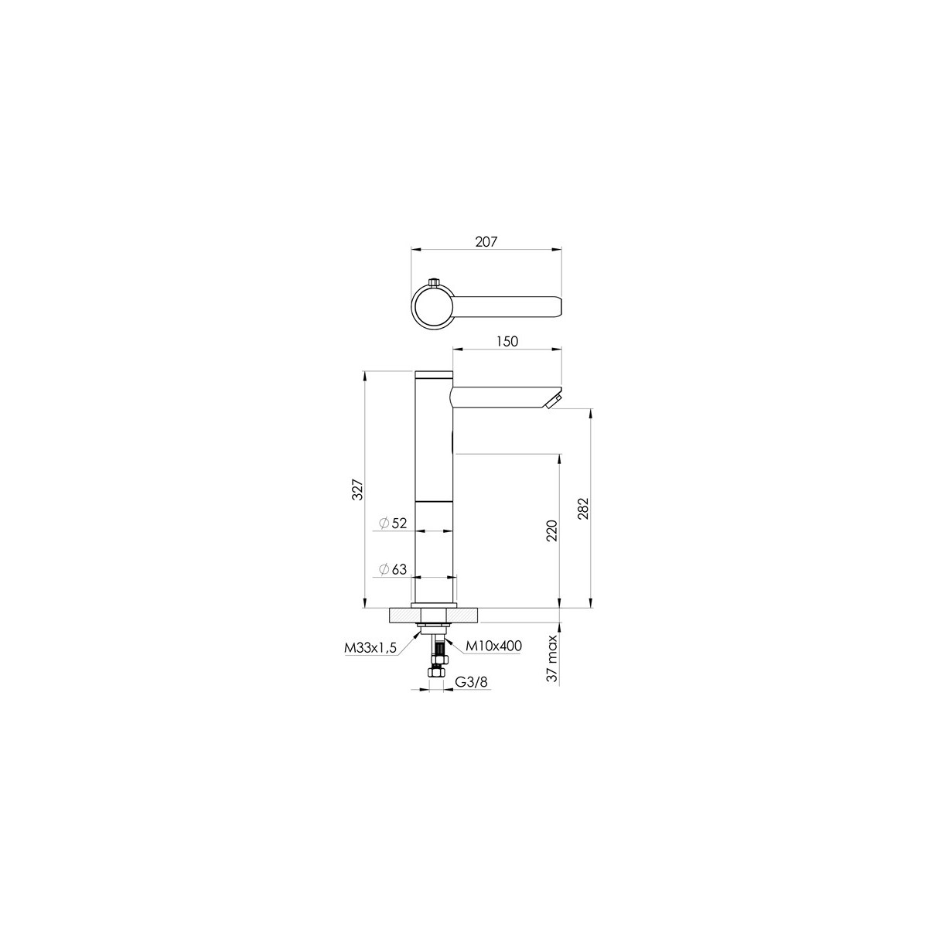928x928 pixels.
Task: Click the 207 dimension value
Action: point(486,242)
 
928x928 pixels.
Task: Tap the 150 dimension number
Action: point(507,341)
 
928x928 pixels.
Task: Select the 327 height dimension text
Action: point(357,490)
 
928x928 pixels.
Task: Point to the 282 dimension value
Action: point(583,509)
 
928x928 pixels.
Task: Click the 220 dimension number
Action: point(552,531)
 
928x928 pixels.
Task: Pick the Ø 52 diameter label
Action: point(393,523)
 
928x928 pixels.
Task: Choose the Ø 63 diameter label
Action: point(393,569)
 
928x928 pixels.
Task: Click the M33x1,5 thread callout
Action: point(370,648)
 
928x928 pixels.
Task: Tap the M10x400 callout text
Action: point(494,646)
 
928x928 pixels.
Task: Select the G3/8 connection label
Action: point(471,681)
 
